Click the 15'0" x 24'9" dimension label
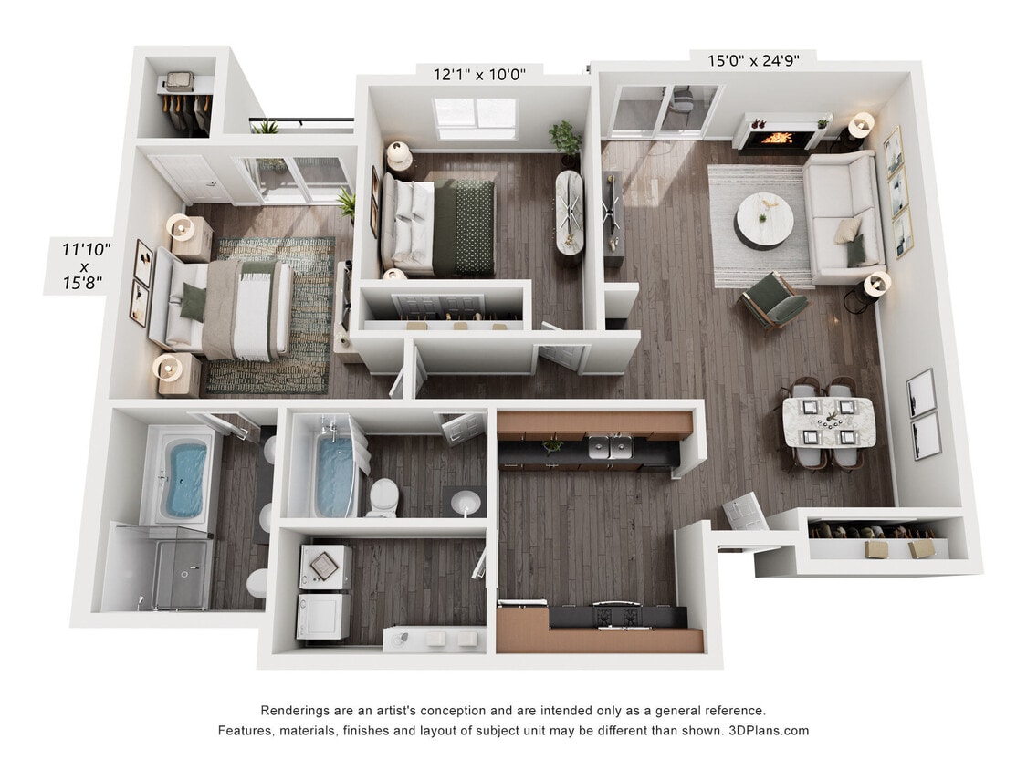coord(753,61)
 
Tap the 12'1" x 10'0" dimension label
coord(479,74)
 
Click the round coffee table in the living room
coord(764,220)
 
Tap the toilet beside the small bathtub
coord(383,497)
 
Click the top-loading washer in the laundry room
coord(323,567)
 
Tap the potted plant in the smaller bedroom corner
coord(566,139)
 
